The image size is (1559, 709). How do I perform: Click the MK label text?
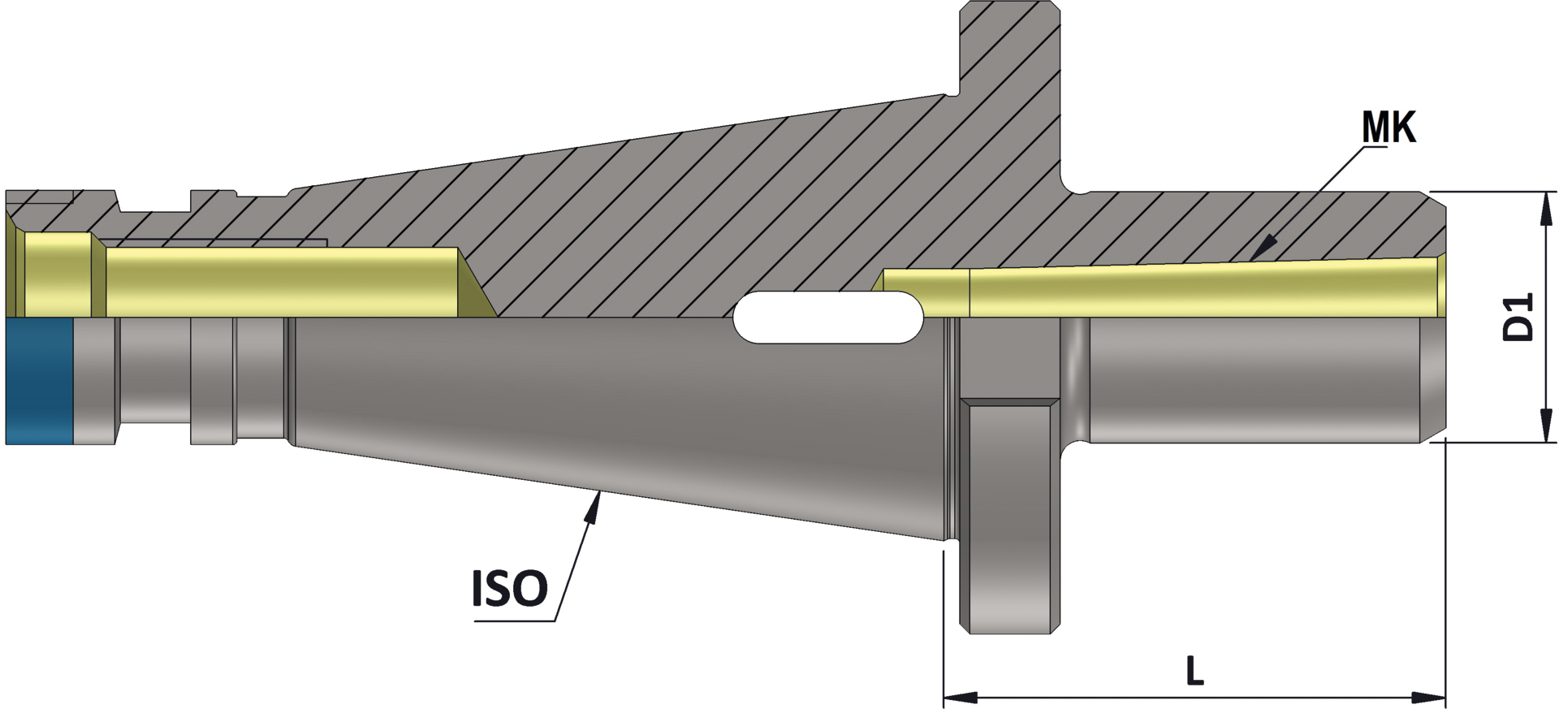1388,128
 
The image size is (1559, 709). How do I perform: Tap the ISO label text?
510,589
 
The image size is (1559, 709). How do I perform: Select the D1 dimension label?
1518,318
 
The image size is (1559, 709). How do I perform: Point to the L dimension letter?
1194,672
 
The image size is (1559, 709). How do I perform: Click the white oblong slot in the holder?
828,317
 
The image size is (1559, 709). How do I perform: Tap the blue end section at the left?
39,381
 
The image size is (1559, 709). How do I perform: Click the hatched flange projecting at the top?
1010,81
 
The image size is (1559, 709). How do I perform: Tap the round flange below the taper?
1010,520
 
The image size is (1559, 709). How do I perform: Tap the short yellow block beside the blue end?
57,274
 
